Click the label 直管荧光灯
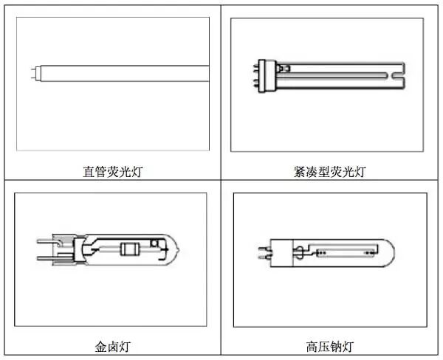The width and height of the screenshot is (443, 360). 112,172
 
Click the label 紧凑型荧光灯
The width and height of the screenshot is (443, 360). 329,172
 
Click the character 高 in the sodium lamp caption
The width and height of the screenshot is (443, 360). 311,346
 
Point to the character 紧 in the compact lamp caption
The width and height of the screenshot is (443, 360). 299,172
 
